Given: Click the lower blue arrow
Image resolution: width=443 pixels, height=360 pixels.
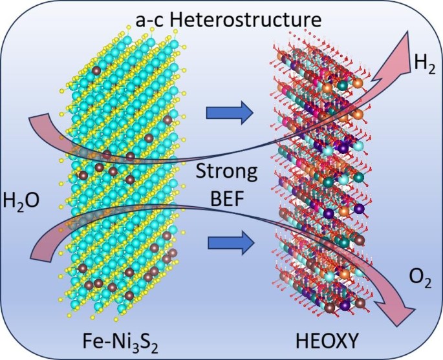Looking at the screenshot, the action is coord(229,244).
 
